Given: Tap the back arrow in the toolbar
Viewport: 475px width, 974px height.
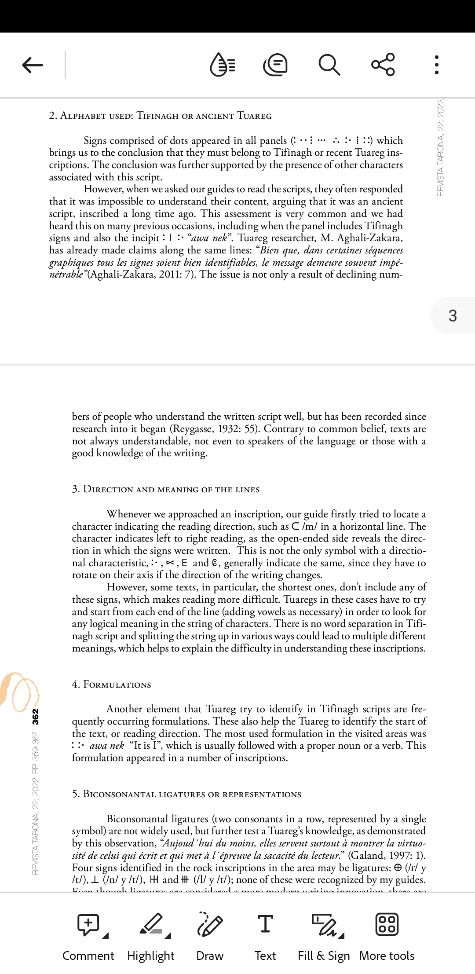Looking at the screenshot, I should click(x=33, y=65).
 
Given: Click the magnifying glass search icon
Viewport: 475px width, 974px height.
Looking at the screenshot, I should click(x=329, y=65).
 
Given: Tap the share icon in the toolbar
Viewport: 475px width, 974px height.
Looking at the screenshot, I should click(x=383, y=65).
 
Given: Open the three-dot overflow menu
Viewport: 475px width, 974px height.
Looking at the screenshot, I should click(x=436, y=65).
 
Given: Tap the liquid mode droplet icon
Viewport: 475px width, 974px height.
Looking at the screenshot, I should click(x=223, y=65).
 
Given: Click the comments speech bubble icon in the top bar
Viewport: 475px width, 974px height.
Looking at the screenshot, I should click(x=275, y=65).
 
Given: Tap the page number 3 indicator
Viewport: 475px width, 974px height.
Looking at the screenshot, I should click(x=453, y=315).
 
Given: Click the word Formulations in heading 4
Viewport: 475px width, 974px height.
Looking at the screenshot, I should click(x=117, y=685).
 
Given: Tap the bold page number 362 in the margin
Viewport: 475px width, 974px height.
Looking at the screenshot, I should click(x=36, y=717).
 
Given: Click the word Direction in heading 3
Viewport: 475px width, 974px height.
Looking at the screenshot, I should click(x=108, y=490).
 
